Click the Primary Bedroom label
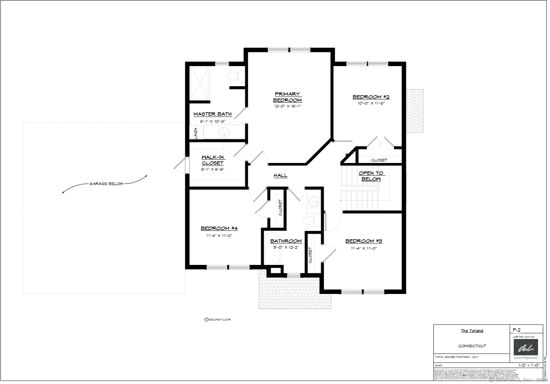click(x=287, y=97)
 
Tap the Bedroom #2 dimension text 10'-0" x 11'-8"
click(x=370, y=103)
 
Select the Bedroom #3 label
click(x=364, y=241)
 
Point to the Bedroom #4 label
click(x=219, y=228)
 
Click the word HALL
click(x=280, y=176)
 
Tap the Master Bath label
click(x=212, y=114)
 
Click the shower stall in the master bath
click(x=200, y=83)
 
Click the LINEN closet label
click(x=196, y=133)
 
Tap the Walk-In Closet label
click(x=213, y=160)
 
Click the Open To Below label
click(x=371, y=176)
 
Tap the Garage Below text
click(x=106, y=184)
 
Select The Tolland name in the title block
click(x=472, y=331)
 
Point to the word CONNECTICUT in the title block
click(x=472, y=346)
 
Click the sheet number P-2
click(x=517, y=330)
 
